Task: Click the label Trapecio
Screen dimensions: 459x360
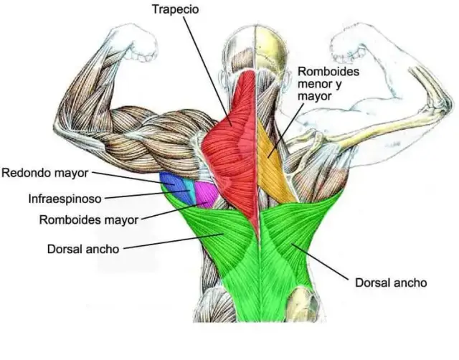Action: click(175, 9)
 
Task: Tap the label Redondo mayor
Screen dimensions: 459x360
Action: click(44, 173)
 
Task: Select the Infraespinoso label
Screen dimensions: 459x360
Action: click(65, 199)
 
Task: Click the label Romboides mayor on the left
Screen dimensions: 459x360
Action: click(89, 219)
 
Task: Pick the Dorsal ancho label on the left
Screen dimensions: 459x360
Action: click(83, 249)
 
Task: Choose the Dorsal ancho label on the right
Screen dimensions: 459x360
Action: click(391, 283)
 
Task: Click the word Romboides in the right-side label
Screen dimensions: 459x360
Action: click(328, 72)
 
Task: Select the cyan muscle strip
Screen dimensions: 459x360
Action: click(191, 191)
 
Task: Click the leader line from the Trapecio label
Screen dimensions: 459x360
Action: click(207, 71)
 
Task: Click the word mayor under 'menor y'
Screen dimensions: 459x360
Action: click(315, 96)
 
